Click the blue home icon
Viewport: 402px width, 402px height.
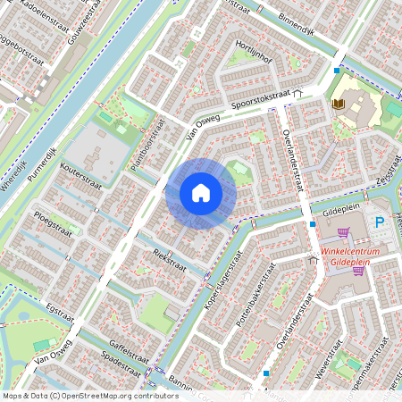[x=201, y=192]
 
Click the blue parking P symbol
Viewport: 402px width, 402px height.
[x=380, y=222]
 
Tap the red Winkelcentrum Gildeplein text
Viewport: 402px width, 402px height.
[x=352, y=257]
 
